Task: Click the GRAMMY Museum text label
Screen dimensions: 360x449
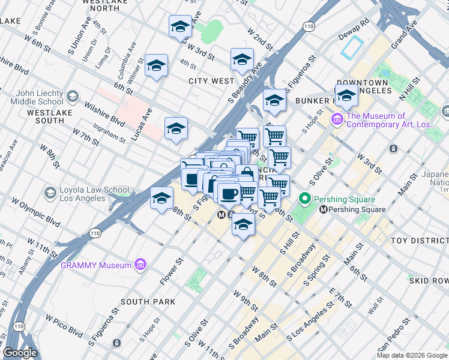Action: (x=95, y=265)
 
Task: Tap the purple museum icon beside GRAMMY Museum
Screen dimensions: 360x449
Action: (x=140, y=265)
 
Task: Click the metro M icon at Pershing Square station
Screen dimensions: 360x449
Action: (x=324, y=209)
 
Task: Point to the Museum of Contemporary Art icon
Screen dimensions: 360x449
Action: (x=337, y=120)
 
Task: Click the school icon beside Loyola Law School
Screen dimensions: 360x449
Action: (x=50, y=193)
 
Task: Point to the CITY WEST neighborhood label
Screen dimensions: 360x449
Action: (x=211, y=81)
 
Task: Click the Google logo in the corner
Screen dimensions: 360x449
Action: (x=20, y=353)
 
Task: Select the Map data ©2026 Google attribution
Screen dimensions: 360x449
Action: (x=412, y=355)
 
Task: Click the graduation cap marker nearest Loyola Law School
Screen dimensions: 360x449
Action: (x=161, y=199)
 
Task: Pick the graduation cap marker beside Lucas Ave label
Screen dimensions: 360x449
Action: (x=176, y=129)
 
